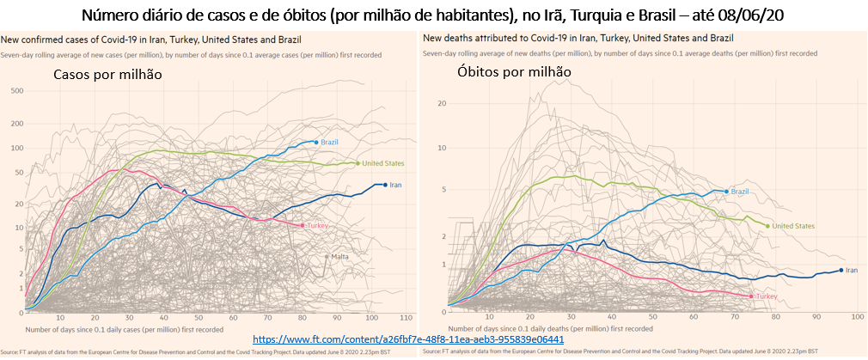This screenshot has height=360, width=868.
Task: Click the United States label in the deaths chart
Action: [793, 226]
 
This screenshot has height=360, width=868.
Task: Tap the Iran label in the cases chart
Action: [396, 185]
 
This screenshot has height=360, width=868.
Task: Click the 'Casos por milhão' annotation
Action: [107, 76]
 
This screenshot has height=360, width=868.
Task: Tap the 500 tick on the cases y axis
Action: [16, 90]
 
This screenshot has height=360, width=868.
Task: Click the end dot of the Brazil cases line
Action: [316, 142]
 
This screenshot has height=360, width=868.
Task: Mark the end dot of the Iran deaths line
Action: [840, 270]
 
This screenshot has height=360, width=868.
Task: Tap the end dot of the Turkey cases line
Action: [303, 225]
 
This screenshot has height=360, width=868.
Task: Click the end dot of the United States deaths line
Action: [767, 226]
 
